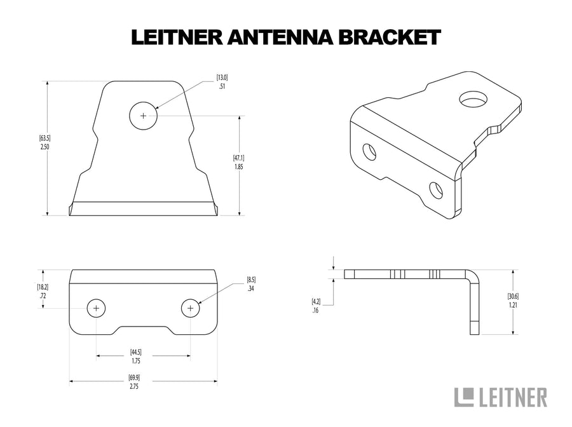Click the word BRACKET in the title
pos(390,37)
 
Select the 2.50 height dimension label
pos(44,142)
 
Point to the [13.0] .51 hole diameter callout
pos(222,83)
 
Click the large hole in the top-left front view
pos(144,116)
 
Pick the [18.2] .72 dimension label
pos(43,292)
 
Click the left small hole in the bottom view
pos(96,308)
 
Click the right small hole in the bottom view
pos(190,308)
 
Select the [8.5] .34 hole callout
pos(252,283)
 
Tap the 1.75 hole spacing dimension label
pos(135,356)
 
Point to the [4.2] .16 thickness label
pos(316,306)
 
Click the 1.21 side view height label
pos(513,301)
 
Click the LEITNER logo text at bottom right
pos(512,397)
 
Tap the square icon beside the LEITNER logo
pos(465,396)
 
